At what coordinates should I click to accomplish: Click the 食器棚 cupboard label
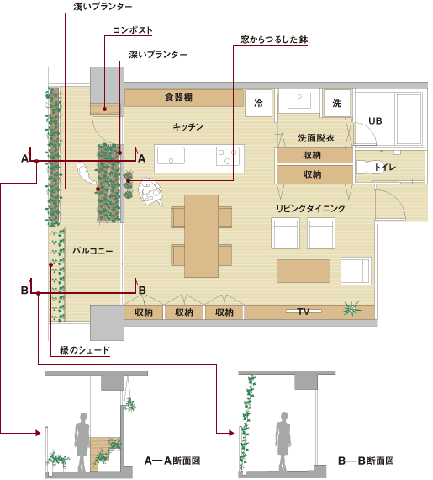point(179,98)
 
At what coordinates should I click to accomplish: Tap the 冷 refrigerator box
point(258,103)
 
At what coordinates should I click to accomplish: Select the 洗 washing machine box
point(337,103)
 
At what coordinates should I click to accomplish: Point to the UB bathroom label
point(375,121)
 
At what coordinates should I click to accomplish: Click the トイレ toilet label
point(385,167)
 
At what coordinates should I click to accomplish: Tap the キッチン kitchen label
point(188,126)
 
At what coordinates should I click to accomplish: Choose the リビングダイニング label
point(311,209)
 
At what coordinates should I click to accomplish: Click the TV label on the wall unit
point(304,312)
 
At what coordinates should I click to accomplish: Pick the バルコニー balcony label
point(92,251)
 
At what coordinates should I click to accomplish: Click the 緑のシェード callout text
point(85,350)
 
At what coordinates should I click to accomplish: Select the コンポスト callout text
point(133,30)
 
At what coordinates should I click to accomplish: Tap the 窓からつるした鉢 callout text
point(274,40)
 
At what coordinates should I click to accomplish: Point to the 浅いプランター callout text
point(103,7)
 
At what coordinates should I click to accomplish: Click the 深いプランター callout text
point(158,55)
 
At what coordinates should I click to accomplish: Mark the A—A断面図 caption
point(172,461)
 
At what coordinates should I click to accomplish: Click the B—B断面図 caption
point(366,461)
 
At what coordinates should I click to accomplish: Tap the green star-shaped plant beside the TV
point(352,307)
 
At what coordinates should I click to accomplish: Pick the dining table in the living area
point(202,236)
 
